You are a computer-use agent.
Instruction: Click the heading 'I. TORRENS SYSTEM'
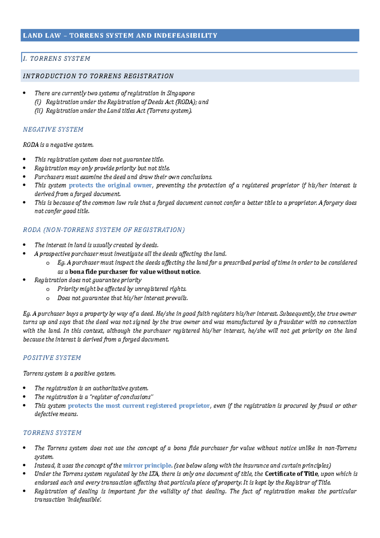click(x=57, y=59)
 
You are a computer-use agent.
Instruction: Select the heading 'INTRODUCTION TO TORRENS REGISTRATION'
click(x=98, y=76)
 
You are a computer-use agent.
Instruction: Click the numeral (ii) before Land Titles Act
click(x=38, y=111)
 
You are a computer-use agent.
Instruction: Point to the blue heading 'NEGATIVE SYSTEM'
click(x=53, y=130)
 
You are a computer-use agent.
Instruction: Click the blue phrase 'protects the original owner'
click(x=110, y=185)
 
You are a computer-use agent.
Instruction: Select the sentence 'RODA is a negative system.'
click(x=58, y=145)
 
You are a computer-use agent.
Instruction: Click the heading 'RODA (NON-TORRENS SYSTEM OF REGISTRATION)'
click(x=104, y=230)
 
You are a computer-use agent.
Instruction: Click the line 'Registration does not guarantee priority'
click(x=88, y=280)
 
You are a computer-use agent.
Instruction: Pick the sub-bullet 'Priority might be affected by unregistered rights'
click(x=122, y=289)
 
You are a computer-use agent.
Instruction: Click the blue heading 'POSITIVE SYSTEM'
click(x=52, y=358)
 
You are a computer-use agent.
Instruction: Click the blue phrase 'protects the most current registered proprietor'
click(x=139, y=406)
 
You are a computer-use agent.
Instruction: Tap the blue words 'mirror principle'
click(x=147, y=465)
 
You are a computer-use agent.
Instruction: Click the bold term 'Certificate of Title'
click(x=291, y=474)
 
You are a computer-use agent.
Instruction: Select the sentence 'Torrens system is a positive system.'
click(x=69, y=374)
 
